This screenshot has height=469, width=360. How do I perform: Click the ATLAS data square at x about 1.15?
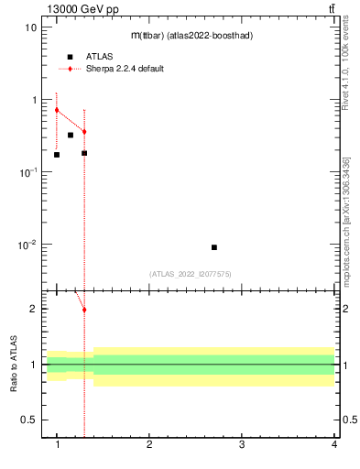coord(71,136)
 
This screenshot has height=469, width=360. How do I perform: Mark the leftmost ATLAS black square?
coord(57,155)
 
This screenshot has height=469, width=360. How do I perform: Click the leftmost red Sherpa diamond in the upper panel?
coord(57,110)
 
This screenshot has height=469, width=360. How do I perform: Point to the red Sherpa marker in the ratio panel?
coord(84,310)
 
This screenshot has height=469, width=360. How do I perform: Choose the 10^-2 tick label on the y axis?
coord(27,245)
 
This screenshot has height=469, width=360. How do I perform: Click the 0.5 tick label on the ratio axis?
coord(28,420)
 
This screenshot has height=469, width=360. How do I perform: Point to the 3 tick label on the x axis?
coord(242,445)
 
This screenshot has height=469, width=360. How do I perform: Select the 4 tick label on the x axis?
coord(333,445)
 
